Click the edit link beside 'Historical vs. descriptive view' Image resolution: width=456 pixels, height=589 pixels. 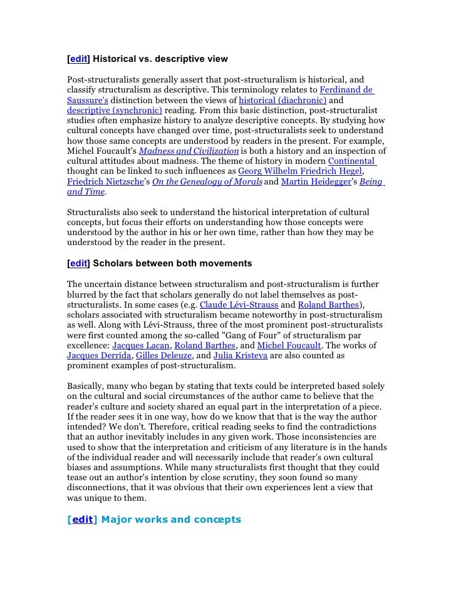(78, 59)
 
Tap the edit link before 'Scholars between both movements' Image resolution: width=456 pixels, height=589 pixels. (78, 264)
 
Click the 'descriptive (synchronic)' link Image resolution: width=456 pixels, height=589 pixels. (114, 111)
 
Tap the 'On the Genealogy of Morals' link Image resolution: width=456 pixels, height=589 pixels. (207, 182)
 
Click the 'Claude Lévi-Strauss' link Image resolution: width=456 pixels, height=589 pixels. (239, 305)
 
